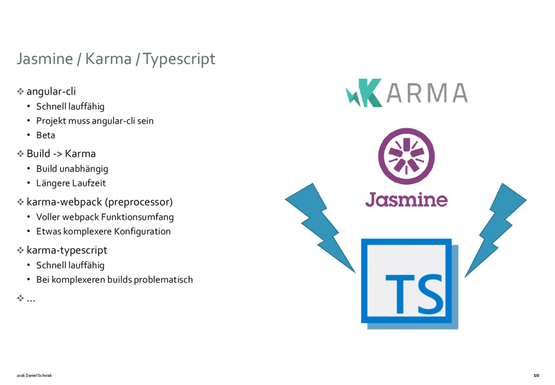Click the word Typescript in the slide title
(179, 59)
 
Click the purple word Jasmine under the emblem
(406, 199)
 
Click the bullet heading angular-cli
(51, 91)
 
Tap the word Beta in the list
(46, 135)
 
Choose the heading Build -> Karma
(61, 154)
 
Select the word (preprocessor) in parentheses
(140, 203)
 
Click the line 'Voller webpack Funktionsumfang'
(105, 217)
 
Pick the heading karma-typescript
(67, 250)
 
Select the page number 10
(536, 375)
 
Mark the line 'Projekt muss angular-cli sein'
(95, 121)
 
